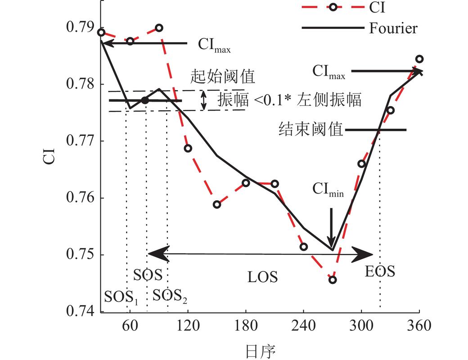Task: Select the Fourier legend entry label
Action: point(393,28)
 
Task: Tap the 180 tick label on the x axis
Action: point(246,325)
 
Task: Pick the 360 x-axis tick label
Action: point(419,325)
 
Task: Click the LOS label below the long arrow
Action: point(262,277)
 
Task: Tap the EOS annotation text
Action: point(380,271)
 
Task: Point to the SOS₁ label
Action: point(121,297)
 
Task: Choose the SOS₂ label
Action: point(170,296)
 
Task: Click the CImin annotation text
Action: point(329,191)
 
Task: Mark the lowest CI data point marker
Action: point(333,280)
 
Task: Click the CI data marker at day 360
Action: point(419,59)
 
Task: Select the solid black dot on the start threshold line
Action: point(144,100)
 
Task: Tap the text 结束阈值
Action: point(310,130)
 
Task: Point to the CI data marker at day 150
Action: point(217,204)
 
